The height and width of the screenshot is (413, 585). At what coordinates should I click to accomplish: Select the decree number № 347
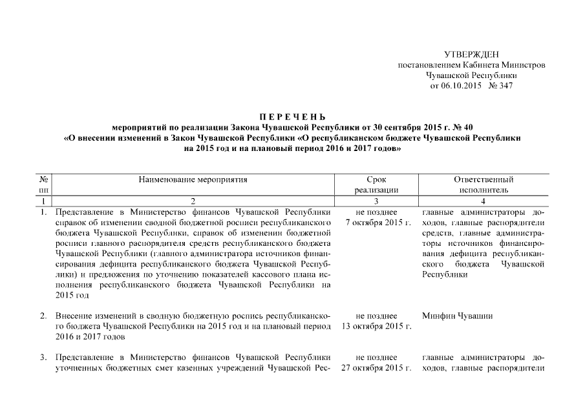(x=501, y=85)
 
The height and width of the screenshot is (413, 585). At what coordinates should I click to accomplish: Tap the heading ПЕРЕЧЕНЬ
(x=292, y=116)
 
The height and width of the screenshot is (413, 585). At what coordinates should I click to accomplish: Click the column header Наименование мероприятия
(x=193, y=179)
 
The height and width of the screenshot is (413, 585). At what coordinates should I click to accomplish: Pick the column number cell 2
(x=193, y=201)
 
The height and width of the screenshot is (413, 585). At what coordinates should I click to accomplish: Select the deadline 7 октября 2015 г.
(x=379, y=223)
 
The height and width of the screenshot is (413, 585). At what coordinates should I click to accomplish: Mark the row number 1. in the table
(x=43, y=212)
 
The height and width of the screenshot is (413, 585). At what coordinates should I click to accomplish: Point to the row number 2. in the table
(x=43, y=316)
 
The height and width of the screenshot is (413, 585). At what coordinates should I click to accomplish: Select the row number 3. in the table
(x=43, y=358)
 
